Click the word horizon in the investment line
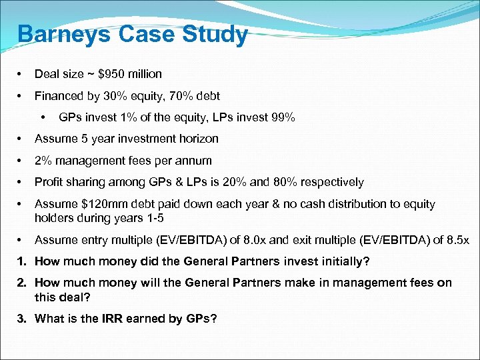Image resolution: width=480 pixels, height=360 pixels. [x=199, y=139]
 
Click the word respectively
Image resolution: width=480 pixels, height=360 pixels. [x=335, y=182]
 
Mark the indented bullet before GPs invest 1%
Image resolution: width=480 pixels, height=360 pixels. [x=43, y=118]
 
